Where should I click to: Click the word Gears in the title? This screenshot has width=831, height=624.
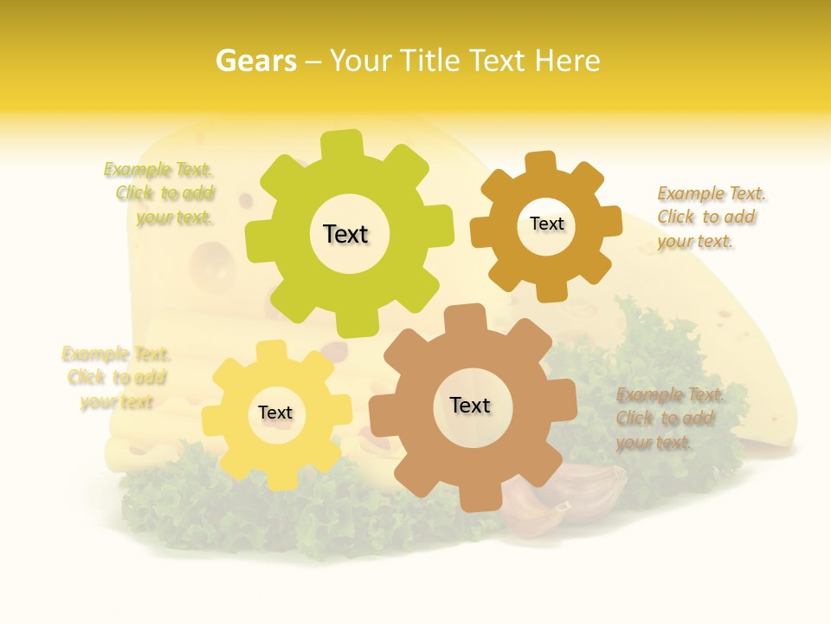[x=254, y=61]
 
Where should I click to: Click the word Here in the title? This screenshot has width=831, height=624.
[x=567, y=61]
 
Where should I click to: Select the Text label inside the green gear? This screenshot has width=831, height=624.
[x=345, y=234]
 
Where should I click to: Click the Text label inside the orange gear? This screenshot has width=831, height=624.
[x=546, y=224]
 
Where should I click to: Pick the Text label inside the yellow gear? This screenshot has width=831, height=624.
[x=275, y=413]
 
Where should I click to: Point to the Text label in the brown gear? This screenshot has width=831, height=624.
[x=470, y=405]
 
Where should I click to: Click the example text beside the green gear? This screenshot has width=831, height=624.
[x=164, y=193]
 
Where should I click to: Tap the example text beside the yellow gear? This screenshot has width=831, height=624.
[x=116, y=377]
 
